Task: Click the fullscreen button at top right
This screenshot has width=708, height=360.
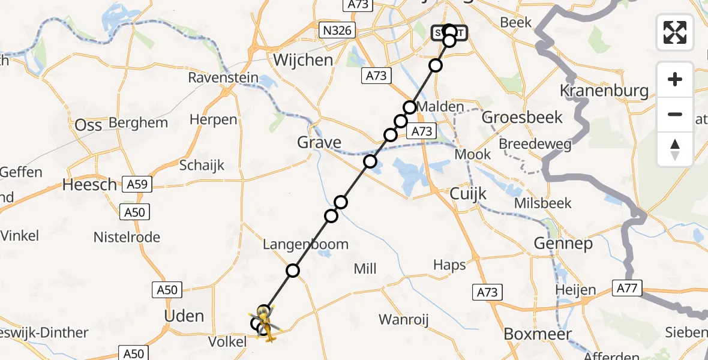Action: point(675,32)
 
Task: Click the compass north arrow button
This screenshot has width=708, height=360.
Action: point(675,149)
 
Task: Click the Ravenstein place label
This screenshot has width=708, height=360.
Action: point(223,78)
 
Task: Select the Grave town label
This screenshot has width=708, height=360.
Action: point(319,143)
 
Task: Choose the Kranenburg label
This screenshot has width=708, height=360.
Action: point(604,91)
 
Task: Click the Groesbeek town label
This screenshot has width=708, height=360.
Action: point(522,117)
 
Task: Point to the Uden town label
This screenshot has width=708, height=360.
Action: point(184,316)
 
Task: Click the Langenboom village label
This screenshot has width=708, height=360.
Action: point(305,244)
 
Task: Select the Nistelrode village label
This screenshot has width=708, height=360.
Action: point(127,238)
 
